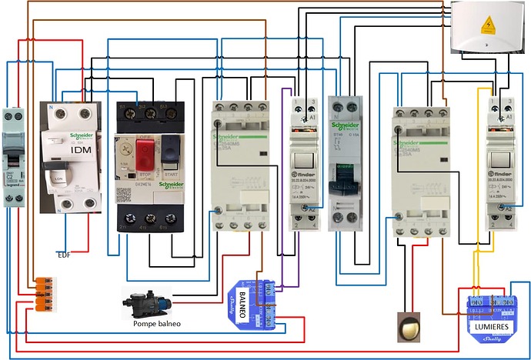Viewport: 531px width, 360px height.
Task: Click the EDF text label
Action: (x=65, y=254)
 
